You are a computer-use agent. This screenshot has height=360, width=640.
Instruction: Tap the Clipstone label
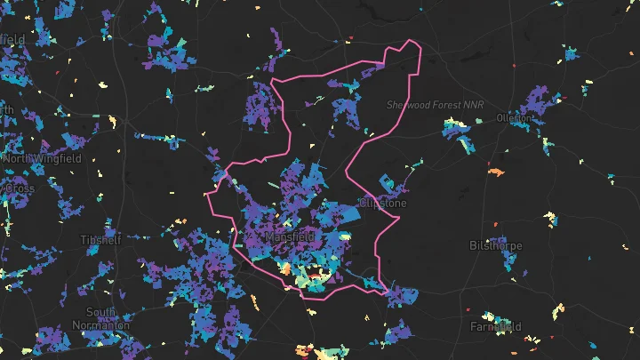[x=382, y=204]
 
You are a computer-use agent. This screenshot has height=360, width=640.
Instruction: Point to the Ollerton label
[x=515, y=117]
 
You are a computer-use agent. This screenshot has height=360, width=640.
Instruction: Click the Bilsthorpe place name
[x=496, y=245]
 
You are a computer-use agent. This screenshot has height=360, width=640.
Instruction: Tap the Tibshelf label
[x=99, y=241]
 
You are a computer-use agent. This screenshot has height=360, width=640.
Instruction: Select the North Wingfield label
[x=42, y=158]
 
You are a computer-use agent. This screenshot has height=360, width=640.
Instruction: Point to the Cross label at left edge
[x=18, y=188]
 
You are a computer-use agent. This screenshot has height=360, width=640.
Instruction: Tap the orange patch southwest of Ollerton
[x=496, y=170]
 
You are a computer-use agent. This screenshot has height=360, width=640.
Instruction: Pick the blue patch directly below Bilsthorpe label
[x=508, y=260]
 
